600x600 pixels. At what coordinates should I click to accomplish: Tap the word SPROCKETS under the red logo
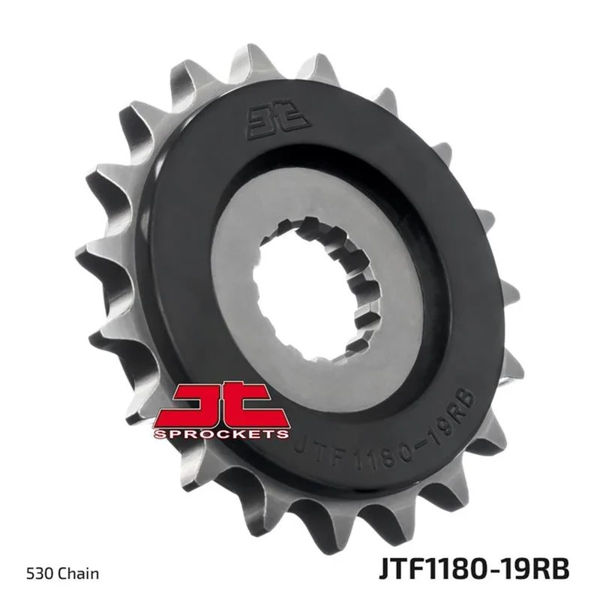pos(221,434)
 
